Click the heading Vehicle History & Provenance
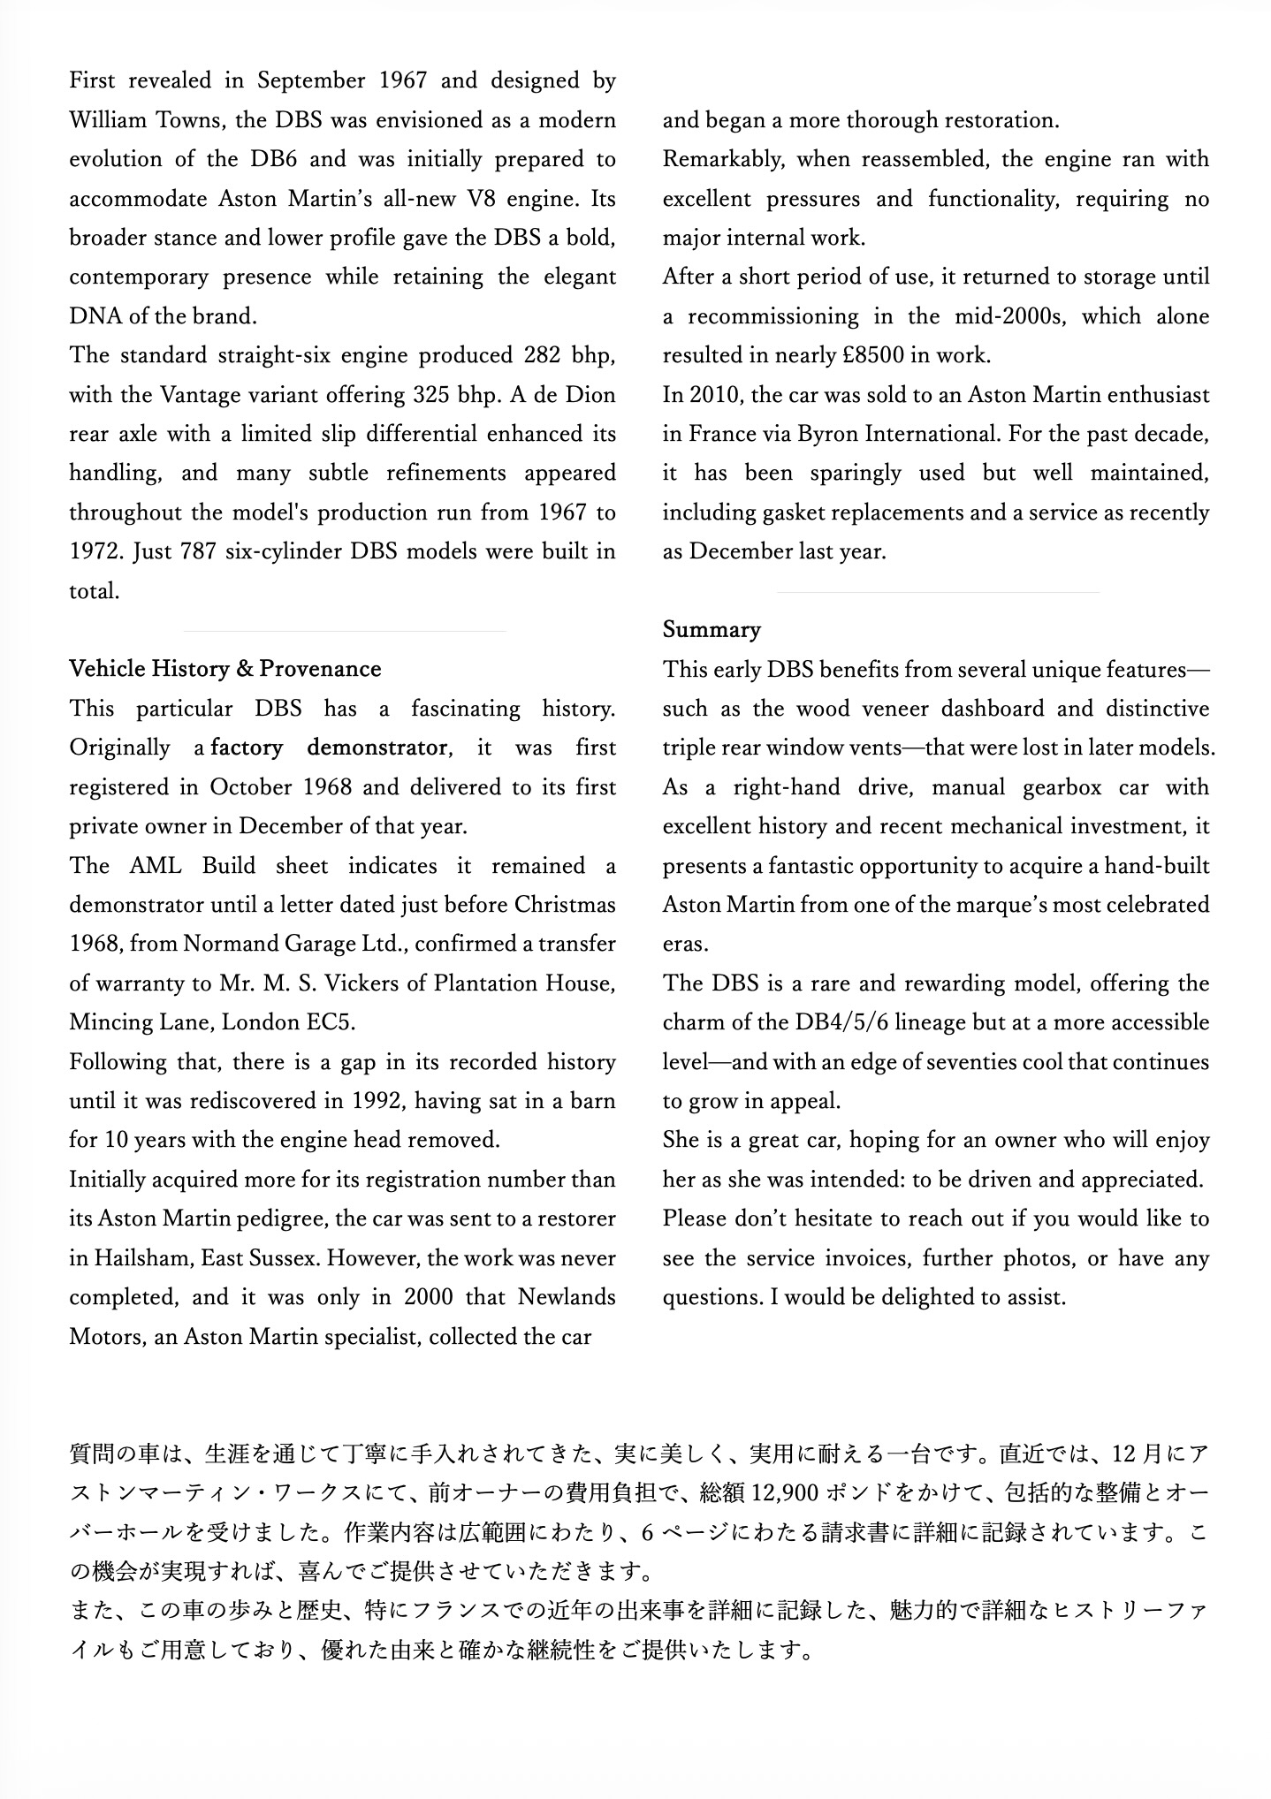[x=225, y=669]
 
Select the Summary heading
[x=712, y=630]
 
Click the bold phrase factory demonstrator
[x=329, y=748]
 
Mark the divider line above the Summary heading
[x=938, y=592]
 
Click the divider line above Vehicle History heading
[x=345, y=631]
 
